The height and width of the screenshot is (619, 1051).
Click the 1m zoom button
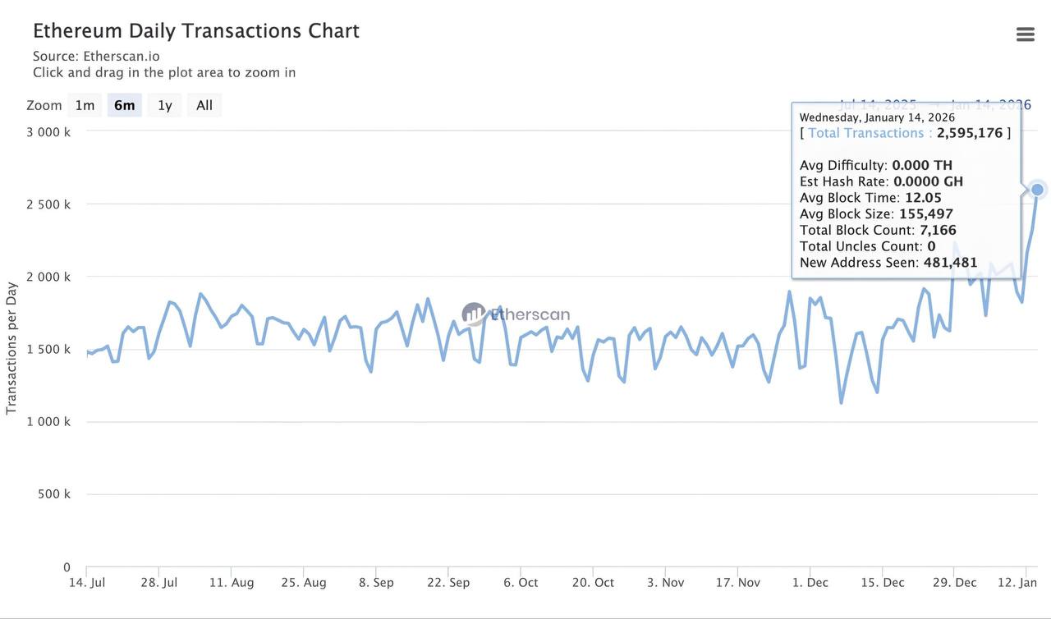tap(85, 105)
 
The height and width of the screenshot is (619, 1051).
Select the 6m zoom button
tap(125, 105)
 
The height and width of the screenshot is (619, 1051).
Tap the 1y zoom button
tap(165, 105)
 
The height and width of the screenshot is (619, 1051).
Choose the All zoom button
tap(204, 105)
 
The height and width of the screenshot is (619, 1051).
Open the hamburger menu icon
tap(1025, 34)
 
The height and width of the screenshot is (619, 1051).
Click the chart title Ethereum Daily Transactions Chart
tap(196, 31)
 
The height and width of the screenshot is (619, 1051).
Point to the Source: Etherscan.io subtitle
tap(96, 57)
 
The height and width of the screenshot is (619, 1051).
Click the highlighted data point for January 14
tap(1037, 190)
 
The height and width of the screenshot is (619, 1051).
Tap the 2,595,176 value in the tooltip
tap(970, 133)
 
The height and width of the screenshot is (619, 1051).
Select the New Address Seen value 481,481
tap(950, 263)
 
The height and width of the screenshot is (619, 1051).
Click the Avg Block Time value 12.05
tap(923, 198)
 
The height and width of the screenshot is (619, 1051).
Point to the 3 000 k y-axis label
tap(48, 132)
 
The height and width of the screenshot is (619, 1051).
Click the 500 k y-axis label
tap(54, 494)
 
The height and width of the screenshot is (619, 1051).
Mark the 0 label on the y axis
tap(67, 567)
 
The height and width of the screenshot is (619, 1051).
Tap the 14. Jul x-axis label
tap(87, 583)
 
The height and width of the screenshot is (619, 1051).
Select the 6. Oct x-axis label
tap(521, 583)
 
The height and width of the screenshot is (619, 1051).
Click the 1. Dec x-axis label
tap(810, 583)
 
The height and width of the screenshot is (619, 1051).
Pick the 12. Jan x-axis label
tap(1017, 583)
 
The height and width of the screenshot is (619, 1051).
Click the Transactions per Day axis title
tap(11, 348)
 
